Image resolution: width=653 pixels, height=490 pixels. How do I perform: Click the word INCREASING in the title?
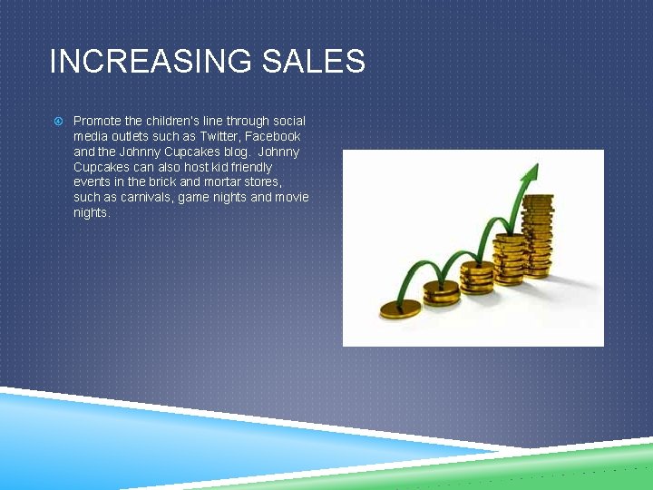[x=151, y=62]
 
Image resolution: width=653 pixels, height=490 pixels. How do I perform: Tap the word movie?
[x=292, y=197]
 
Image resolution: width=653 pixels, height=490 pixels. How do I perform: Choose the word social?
[x=288, y=121]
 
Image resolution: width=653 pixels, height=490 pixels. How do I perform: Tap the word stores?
[x=263, y=182]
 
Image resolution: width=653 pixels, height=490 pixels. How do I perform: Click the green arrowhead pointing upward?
[x=531, y=172]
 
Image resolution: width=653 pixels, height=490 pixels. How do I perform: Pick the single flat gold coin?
[x=400, y=309]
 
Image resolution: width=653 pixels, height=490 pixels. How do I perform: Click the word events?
[x=93, y=182]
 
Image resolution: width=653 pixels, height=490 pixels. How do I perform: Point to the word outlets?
[x=128, y=136]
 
